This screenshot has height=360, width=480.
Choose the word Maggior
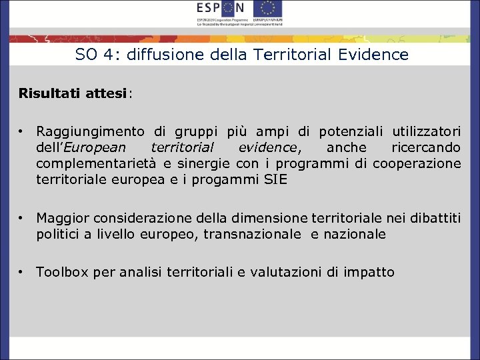pos(63,218)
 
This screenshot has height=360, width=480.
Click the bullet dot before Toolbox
pos(22,272)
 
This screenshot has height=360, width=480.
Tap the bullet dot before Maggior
pos(22,218)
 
